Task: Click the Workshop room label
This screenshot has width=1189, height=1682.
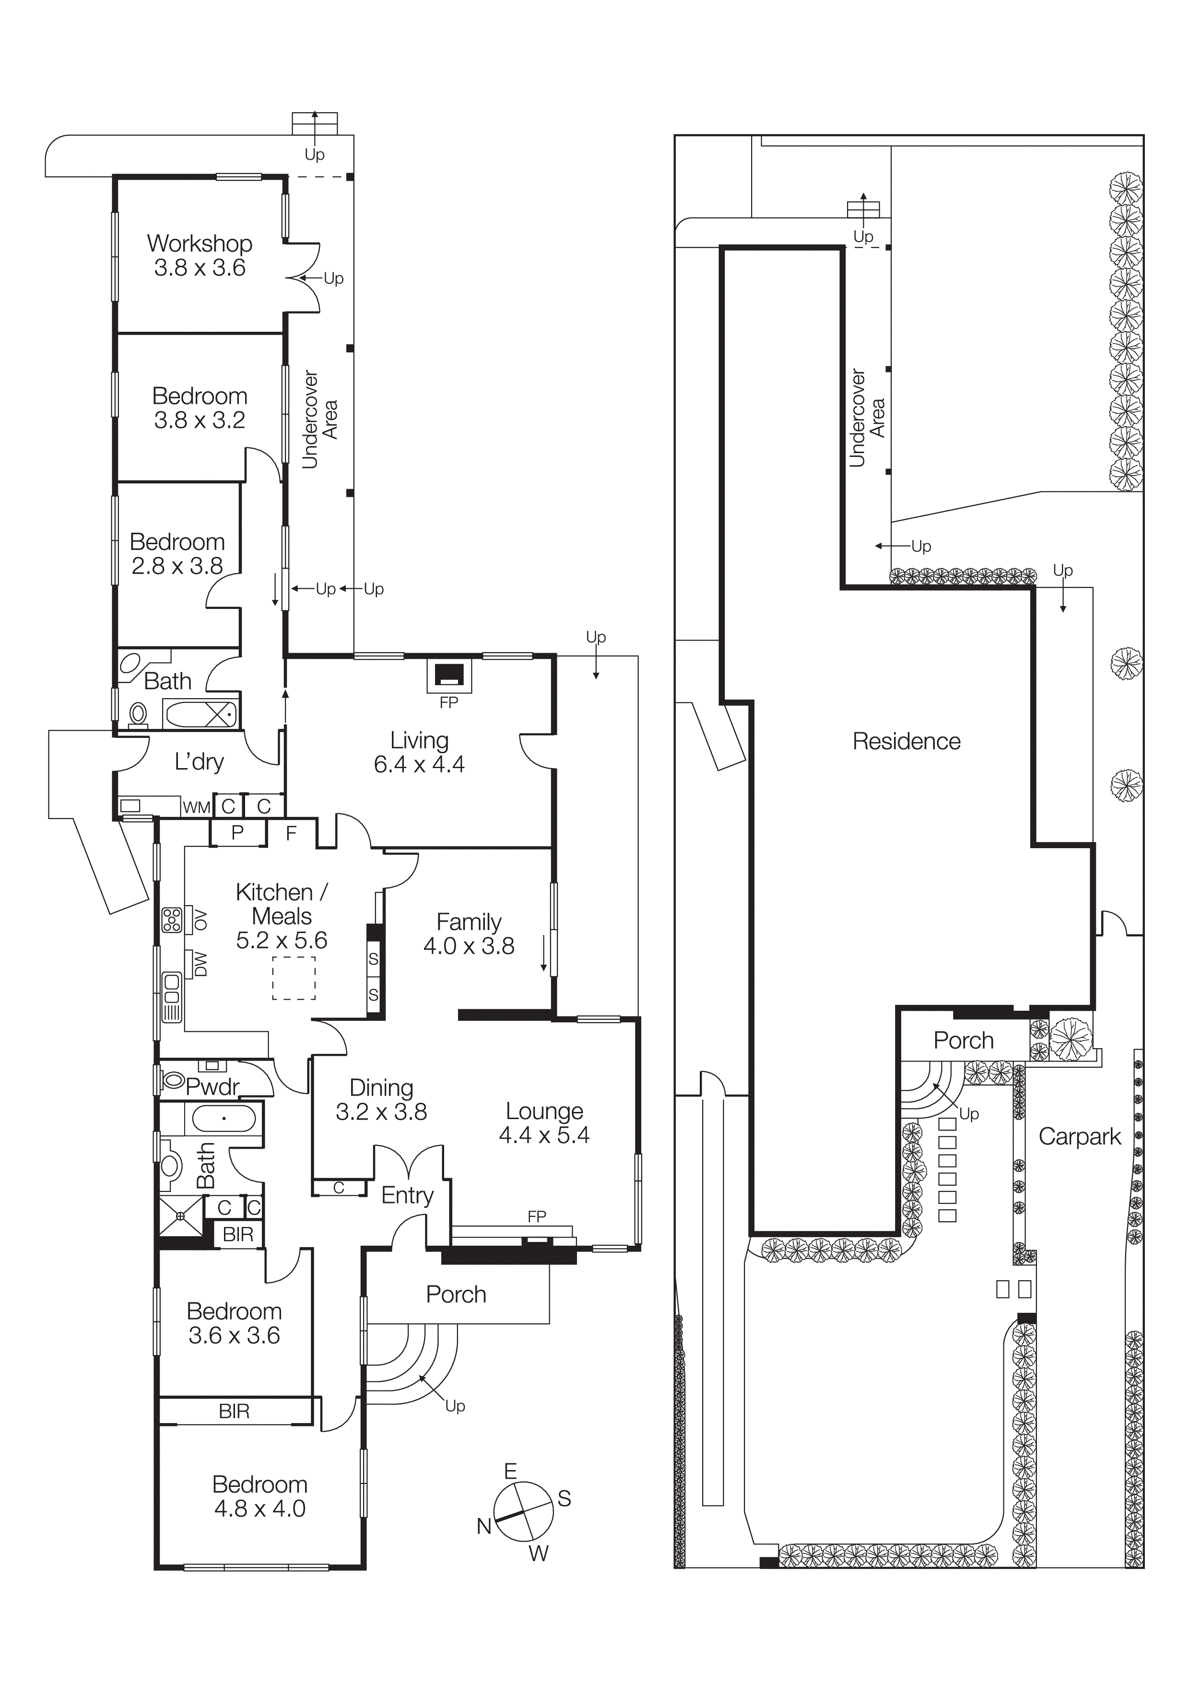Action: [199, 255]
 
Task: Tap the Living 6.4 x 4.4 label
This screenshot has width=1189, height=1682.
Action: [419, 752]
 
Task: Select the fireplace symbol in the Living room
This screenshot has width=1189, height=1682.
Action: [449, 674]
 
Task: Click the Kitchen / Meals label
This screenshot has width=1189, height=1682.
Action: [282, 916]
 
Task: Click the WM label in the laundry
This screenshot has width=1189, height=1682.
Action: [196, 807]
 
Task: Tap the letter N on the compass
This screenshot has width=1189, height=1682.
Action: [483, 1526]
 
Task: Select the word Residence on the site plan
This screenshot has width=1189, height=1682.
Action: [906, 741]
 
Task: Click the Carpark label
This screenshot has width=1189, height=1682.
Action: [1079, 1136]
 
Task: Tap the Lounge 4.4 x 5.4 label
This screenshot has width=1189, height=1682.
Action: [544, 1122]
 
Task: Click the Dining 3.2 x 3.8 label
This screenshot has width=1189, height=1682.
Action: [381, 1099]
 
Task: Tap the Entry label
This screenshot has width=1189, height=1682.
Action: [407, 1195]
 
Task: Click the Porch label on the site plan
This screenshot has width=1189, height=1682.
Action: [964, 1040]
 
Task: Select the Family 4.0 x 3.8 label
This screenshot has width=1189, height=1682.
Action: [469, 934]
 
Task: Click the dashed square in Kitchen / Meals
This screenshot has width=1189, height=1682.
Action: [294, 978]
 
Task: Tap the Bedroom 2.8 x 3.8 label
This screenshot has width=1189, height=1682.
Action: [177, 553]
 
